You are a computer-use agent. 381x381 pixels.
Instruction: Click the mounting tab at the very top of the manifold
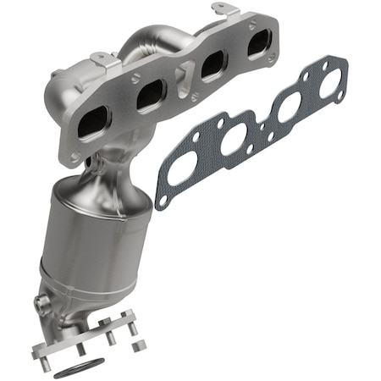222,10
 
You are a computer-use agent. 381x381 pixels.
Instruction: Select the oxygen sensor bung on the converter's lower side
40,302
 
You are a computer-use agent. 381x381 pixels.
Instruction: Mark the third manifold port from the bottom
210,65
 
